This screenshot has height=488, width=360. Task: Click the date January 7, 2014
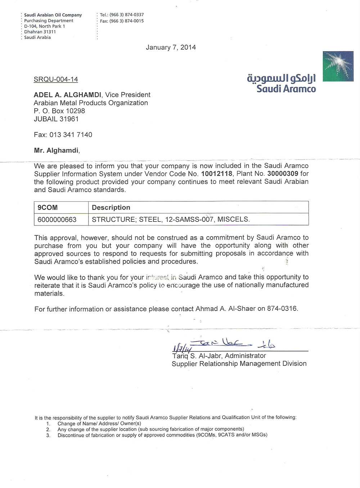pos(171,47)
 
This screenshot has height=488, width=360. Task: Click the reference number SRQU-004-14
pos(56,79)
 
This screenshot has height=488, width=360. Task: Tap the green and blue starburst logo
pos(338,66)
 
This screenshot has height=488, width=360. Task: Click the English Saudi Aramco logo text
pos(286,89)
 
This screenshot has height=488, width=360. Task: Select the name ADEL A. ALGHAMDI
pos(67,95)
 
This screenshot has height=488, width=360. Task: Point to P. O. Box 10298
pos(59,111)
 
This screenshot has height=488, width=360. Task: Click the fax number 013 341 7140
pos(71,135)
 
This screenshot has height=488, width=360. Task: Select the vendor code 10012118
pos(217,174)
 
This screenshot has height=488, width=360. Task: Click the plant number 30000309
pos(283,174)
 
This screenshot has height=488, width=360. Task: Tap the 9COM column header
pos(48,207)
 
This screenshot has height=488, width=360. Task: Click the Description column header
pos(111,207)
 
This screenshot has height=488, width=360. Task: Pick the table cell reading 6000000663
pos(57,219)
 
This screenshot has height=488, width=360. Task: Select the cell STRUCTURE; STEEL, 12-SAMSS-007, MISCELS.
pos(171,219)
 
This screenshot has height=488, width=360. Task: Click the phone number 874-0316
pos(282,309)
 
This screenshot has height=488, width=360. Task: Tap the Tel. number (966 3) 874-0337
pos(126,15)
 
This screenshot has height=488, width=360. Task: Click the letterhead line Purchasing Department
pos(49,21)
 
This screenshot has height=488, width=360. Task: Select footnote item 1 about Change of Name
pos(99,424)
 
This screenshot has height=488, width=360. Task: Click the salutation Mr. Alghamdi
pos(57,151)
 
